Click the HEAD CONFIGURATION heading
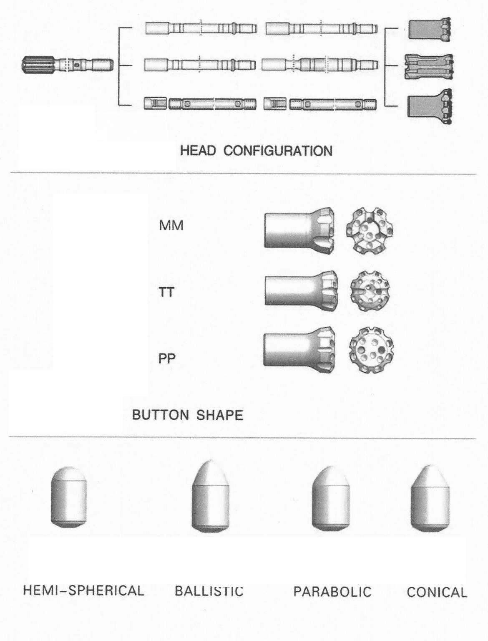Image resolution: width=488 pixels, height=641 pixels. (x=256, y=151)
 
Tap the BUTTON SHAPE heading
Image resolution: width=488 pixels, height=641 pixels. (x=187, y=415)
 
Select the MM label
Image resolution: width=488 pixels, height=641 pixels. (x=171, y=226)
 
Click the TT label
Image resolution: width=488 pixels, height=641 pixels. (x=166, y=293)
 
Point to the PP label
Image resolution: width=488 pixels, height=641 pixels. (x=167, y=358)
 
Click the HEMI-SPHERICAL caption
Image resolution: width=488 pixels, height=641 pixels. (x=83, y=591)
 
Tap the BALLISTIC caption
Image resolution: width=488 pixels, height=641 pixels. (x=209, y=591)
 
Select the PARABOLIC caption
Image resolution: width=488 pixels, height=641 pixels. (x=332, y=592)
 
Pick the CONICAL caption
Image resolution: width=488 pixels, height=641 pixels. (x=437, y=593)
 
